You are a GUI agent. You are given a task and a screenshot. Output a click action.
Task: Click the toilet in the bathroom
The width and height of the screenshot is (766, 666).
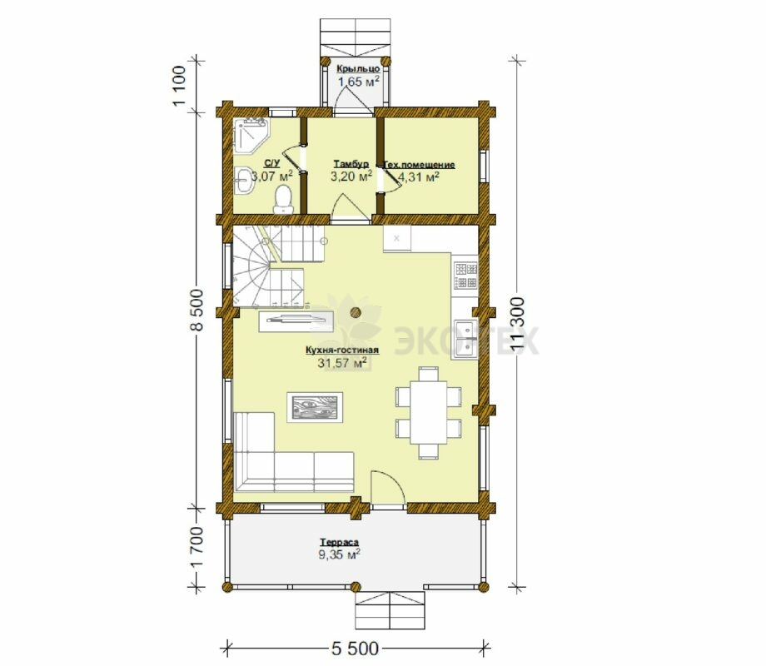pos(283,200)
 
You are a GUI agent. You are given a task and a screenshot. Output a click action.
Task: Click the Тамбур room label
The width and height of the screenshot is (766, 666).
pos(351,163)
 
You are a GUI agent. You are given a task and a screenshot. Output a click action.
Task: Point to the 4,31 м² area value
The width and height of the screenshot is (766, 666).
pos(419,176)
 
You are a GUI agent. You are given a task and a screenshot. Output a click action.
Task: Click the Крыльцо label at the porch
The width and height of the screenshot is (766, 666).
pos(358,69)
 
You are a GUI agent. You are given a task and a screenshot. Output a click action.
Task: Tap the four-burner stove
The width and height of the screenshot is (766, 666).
pos(465,276)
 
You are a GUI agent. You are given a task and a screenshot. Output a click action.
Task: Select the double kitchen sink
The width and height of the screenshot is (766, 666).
pos(466,339)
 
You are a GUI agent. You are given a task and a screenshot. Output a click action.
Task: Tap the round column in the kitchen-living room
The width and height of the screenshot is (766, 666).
pos(356,311)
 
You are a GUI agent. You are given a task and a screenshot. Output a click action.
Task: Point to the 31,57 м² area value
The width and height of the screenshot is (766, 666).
pos(342,363)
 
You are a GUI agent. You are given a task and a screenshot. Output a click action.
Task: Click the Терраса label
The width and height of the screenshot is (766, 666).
pos(340,543)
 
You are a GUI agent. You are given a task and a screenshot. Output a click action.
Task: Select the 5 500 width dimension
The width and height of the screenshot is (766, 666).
pos(356,648)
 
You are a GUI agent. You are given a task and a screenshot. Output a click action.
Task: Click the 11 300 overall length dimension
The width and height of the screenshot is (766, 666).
pos(518,324)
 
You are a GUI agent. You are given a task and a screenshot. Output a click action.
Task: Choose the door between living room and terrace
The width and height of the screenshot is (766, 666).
pos(387,489)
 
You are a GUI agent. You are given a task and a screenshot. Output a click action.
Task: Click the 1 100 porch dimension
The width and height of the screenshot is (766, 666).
pos(179,86)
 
